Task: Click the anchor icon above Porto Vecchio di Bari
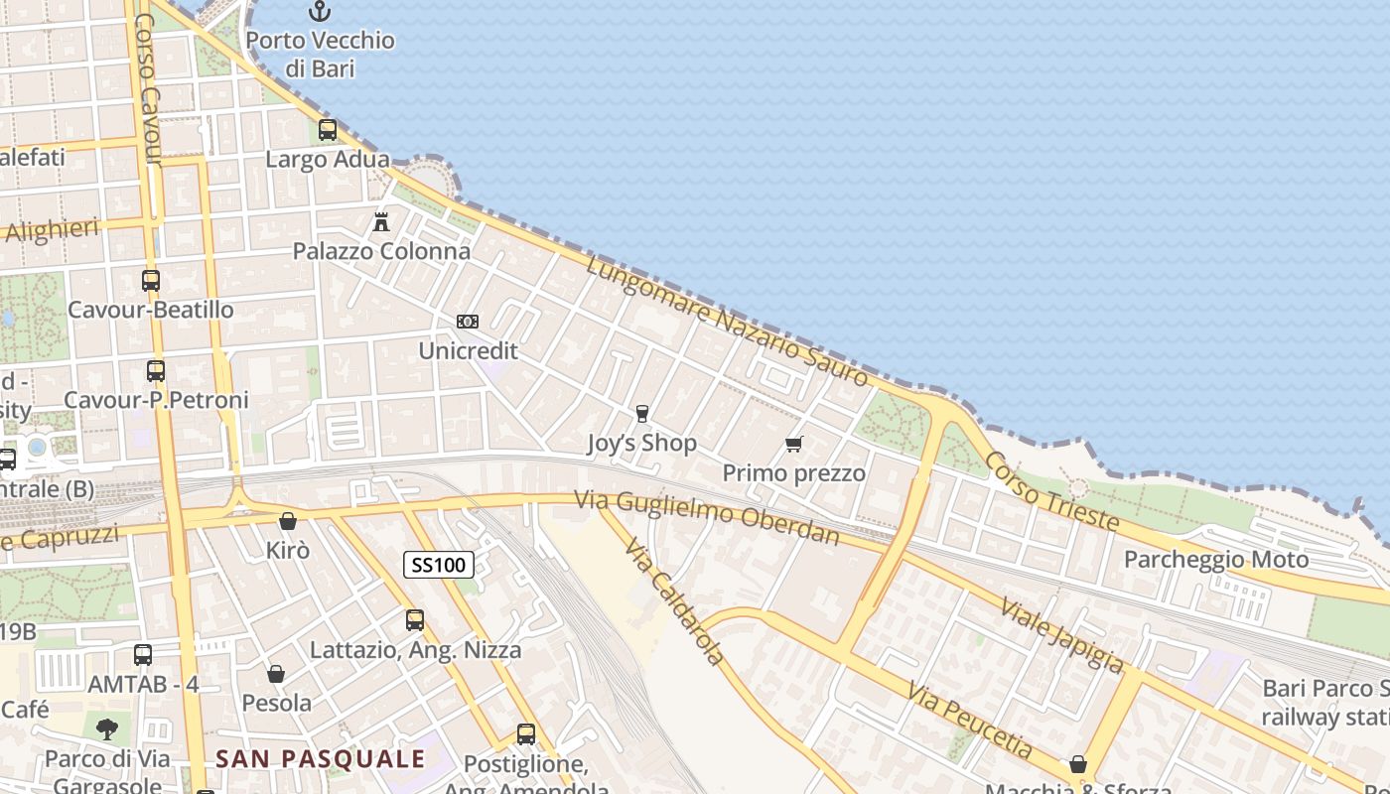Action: [319, 11]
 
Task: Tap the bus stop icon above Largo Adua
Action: [328, 130]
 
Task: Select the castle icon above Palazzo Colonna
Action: [381, 221]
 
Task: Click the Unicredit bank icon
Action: [468, 322]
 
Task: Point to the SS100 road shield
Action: [438, 566]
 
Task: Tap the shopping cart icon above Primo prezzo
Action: [793, 444]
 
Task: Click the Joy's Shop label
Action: [641, 443]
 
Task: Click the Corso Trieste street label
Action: [1051, 491]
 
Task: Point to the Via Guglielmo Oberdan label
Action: [708, 518]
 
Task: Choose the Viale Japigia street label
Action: [1061, 635]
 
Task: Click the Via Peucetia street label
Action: [970, 721]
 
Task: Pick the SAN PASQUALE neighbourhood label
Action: [321, 759]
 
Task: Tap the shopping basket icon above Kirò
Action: [288, 521]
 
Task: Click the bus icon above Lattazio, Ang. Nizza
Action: [415, 620]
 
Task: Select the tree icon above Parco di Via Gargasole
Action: [106, 729]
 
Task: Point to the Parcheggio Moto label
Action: [1216, 560]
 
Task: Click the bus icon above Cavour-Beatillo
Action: [151, 281]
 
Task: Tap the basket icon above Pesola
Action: [276, 674]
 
